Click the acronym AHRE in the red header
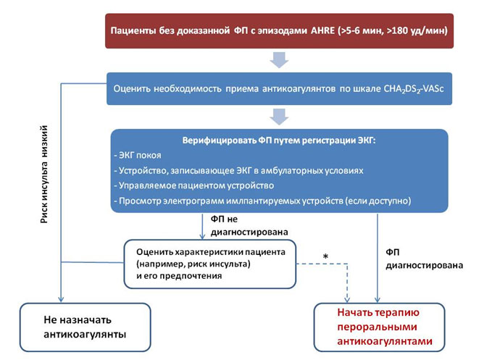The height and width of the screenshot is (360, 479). click(x=322, y=30)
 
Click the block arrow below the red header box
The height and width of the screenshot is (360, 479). click(x=279, y=60)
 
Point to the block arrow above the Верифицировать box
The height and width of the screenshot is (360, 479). click(x=279, y=117)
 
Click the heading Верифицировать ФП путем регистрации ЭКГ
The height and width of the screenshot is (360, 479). click(x=279, y=140)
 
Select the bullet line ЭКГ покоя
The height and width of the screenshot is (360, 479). click(x=138, y=155)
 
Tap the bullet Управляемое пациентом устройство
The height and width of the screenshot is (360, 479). click(x=194, y=185)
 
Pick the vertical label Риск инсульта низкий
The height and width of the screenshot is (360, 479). click(x=44, y=174)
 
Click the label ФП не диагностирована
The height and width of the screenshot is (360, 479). click(x=249, y=226)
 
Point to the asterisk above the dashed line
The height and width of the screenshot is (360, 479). click(x=325, y=256)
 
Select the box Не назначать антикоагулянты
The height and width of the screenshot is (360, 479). click(x=86, y=327)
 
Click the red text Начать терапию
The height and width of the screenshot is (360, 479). click(x=378, y=312)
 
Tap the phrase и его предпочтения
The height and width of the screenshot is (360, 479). click(x=179, y=276)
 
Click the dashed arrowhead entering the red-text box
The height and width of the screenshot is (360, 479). click(x=347, y=299)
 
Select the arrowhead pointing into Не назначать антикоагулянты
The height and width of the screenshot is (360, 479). click(x=61, y=299)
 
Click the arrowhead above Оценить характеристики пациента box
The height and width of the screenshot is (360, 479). click(x=202, y=235)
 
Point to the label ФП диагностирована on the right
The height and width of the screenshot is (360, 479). click(x=425, y=259)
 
